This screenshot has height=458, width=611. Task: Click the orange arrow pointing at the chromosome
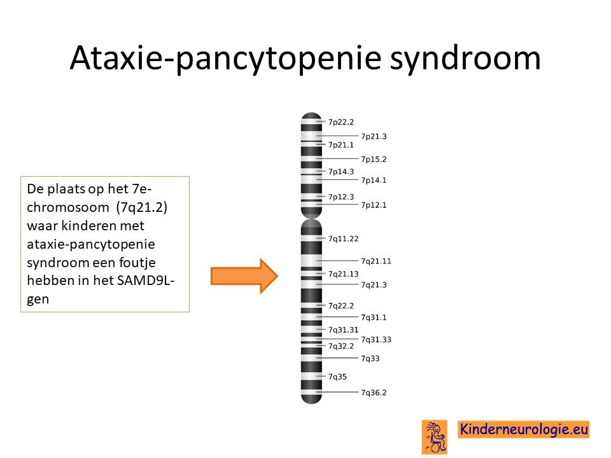(244, 275)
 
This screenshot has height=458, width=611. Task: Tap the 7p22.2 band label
(341, 122)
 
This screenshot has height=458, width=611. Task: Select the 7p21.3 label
(374, 136)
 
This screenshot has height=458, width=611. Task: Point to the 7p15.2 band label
(374, 159)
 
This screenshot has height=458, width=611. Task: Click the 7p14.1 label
(374, 180)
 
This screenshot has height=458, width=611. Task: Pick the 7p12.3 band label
(341, 197)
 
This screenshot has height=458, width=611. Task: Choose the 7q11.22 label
(343, 239)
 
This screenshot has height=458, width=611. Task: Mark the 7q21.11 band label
(376, 261)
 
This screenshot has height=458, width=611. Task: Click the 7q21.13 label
(343, 274)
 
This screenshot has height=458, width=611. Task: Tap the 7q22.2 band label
(341, 306)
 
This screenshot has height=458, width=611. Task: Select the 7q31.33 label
(376, 340)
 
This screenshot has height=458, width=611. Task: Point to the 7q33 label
(370, 358)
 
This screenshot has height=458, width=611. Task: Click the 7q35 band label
(337, 377)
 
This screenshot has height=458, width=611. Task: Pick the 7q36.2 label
(374, 392)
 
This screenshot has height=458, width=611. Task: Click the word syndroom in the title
(465, 59)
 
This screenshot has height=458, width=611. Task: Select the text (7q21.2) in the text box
(142, 207)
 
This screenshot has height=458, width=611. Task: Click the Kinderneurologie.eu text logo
(523, 429)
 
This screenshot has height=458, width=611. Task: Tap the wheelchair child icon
(435, 437)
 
